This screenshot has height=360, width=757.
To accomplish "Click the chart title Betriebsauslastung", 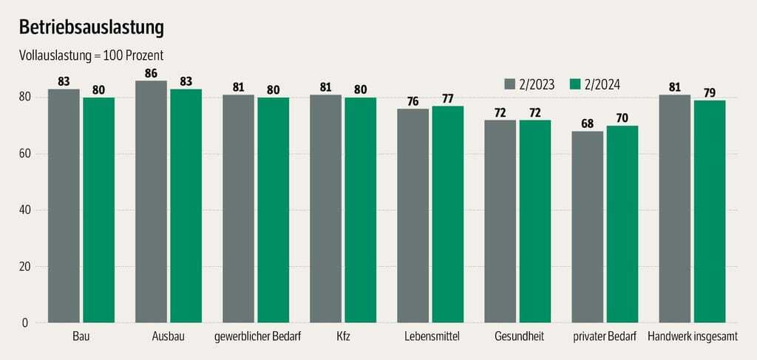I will tap(91, 27).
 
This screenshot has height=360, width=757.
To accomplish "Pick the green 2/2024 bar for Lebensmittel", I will tap(447, 214).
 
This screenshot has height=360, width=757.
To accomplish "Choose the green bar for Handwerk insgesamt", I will tap(709, 211).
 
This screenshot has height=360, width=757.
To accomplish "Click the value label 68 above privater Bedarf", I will tap(587, 123).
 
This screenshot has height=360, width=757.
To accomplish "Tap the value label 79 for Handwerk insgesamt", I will tap(709, 92).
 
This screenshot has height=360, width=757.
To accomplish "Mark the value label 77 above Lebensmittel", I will tap(447, 98).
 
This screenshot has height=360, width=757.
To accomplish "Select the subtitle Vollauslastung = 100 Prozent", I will tap(90, 55).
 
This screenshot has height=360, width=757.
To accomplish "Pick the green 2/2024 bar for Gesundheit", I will tap(534, 221).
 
